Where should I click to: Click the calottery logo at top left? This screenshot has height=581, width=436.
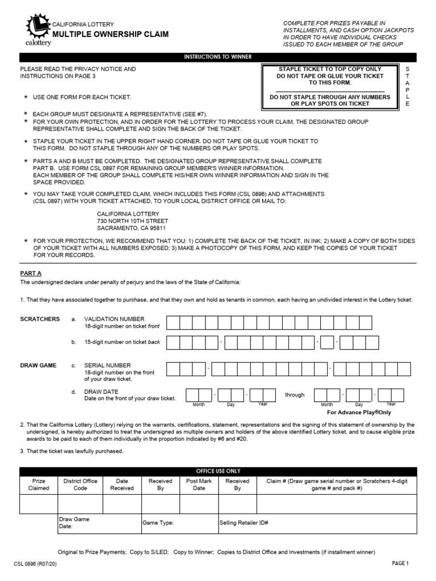[x=38, y=30]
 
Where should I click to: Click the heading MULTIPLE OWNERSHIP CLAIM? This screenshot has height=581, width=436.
[x=110, y=35]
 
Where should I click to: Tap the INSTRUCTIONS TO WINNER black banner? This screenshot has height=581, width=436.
[x=217, y=57]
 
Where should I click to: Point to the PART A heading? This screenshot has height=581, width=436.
[x=31, y=273]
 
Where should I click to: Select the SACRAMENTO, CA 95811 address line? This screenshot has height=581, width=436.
[x=131, y=228]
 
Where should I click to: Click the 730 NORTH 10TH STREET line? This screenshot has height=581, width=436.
[x=132, y=221]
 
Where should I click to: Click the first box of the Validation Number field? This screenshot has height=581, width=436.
[x=173, y=323]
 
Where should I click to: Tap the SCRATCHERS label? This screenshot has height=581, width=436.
[x=40, y=319]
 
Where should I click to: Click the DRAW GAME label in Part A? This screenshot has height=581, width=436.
[x=39, y=365]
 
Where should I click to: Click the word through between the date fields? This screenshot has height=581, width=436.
[x=295, y=395]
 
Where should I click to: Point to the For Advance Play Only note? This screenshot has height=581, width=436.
[x=359, y=412]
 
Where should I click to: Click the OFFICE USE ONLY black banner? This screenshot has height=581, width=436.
[x=217, y=471]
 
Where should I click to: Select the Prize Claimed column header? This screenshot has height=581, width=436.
[x=39, y=485]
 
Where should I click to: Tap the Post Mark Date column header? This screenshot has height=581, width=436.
[x=199, y=485]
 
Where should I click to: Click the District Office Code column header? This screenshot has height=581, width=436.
[x=81, y=485]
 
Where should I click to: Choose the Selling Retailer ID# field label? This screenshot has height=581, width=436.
[x=244, y=523]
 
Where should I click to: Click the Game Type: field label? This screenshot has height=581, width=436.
[x=158, y=523]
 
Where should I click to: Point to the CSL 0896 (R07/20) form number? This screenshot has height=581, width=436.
[x=35, y=564]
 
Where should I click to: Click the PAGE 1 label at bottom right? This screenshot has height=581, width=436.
[x=400, y=563]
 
